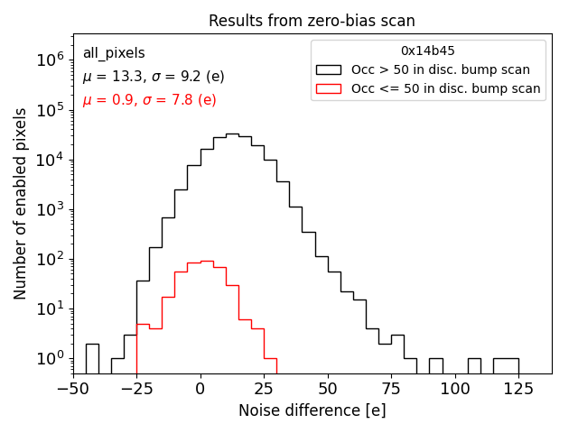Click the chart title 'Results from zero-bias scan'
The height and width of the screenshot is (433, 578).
pos(312,21)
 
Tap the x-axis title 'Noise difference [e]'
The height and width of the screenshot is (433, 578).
pos(312,410)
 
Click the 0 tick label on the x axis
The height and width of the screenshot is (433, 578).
pos(200,390)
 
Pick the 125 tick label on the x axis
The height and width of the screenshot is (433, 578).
pos(518,390)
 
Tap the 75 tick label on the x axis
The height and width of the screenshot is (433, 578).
pos(391,390)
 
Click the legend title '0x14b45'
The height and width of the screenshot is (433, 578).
pos(428,51)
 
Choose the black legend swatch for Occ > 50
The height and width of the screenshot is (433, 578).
pos(329,69)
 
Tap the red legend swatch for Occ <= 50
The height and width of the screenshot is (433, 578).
pos(329,88)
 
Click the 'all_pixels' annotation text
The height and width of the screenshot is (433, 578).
pos(114,53)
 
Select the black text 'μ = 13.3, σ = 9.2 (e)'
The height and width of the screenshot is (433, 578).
pos(154,77)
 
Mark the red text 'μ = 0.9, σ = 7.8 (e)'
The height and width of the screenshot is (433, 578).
pos(149,100)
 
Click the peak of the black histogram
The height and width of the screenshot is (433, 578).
pos(232,134)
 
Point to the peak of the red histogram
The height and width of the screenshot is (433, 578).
pos(207,262)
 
